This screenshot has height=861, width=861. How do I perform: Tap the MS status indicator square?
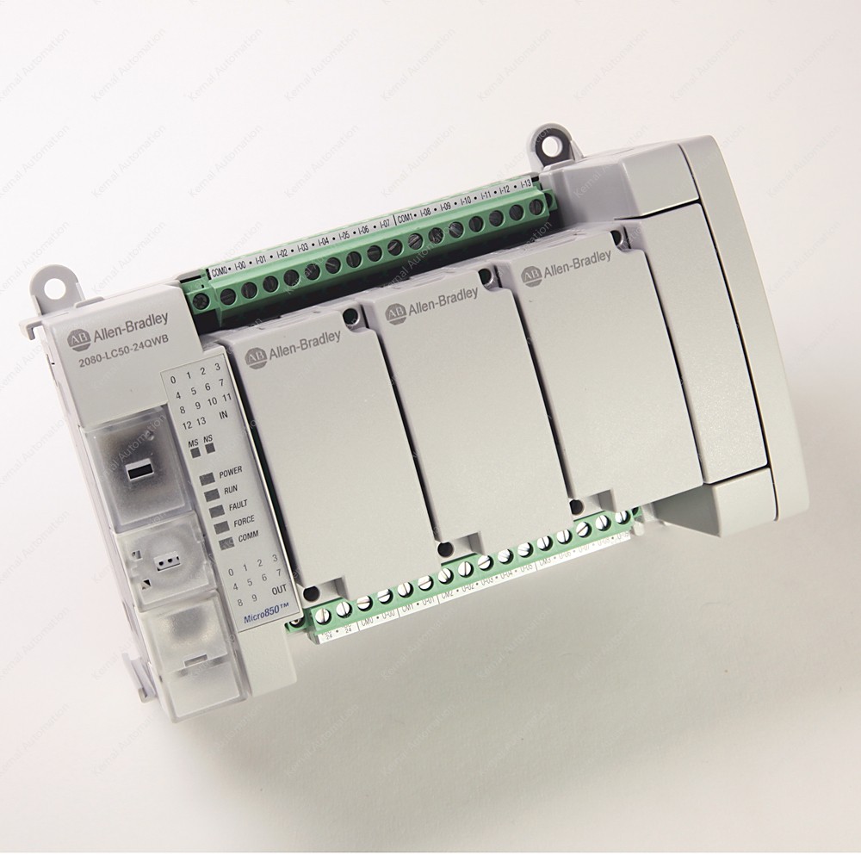[x=195, y=449]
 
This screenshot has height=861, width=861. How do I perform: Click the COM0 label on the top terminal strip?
[x=219, y=272]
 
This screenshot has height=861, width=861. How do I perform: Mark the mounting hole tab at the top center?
[x=544, y=139]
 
